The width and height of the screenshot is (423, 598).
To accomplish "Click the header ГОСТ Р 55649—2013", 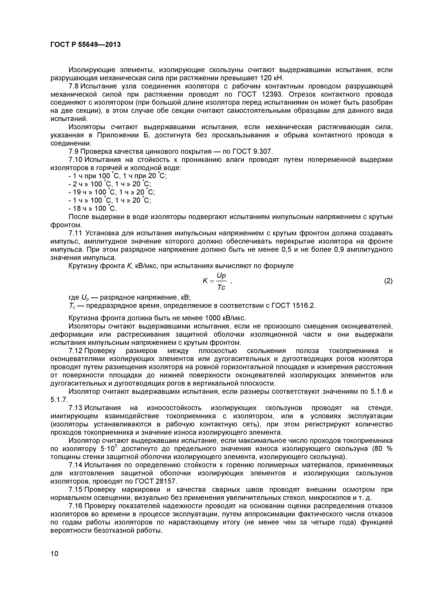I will tap(85, 44).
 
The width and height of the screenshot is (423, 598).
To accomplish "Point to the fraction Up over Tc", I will tap(221, 281).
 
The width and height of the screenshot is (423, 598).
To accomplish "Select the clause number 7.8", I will tap(74, 86).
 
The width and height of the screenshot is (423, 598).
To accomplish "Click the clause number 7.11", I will tap(75, 233).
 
